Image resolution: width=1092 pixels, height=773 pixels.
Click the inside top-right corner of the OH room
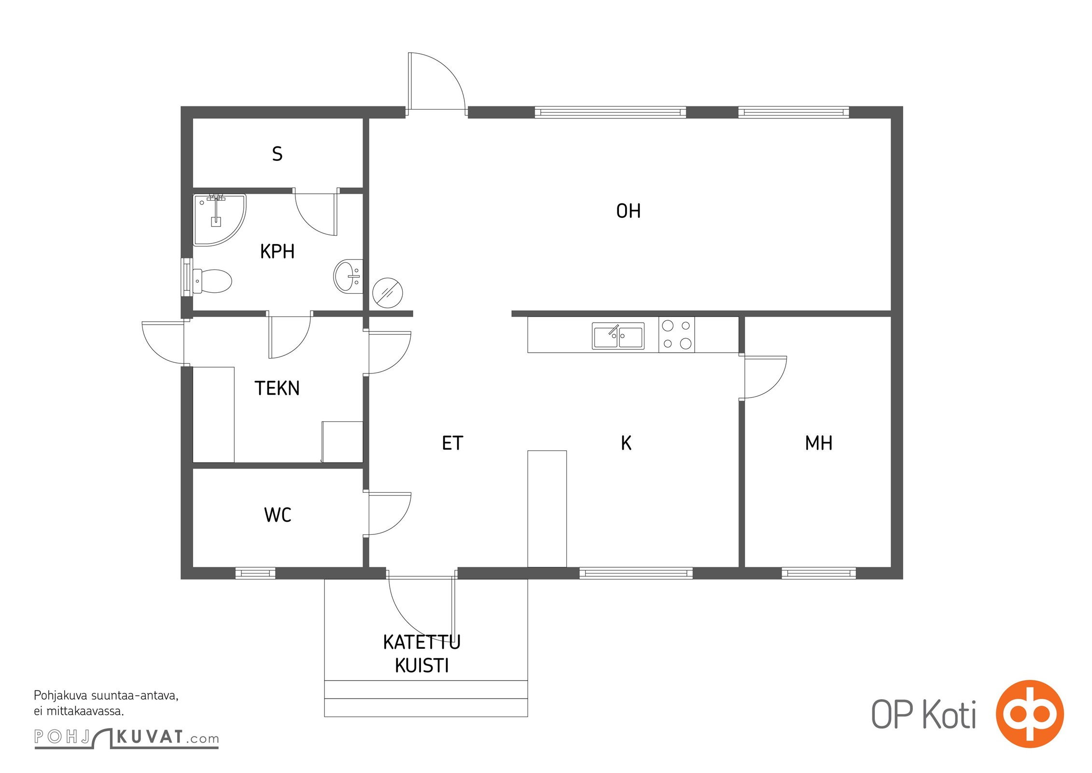click(891, 118)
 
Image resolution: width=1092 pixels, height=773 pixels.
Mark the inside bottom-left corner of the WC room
click(193, 567)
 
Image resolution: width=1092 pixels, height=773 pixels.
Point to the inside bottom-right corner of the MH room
click(891, 567)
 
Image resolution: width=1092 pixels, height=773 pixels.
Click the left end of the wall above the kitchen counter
click(512, 314)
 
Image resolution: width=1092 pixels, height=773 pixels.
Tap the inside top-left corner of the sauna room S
click(193, 118)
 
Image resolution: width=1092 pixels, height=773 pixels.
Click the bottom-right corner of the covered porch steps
click(528, 716)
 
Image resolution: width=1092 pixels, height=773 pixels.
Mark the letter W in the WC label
click(271, 515)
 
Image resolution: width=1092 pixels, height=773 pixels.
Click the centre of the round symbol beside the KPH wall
click(388, 293)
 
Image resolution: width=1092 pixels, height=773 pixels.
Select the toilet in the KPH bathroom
click(212, 281)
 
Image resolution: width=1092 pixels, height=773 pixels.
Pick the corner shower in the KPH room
click(219, 220)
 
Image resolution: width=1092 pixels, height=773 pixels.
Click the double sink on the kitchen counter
click(618, 336)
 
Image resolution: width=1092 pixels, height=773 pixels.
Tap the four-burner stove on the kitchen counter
click(676, 334)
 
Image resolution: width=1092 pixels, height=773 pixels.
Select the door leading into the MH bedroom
click(765, 377)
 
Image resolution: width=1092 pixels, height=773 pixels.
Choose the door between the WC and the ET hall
click(389, 514)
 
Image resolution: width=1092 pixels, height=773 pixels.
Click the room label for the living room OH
click(629, 211)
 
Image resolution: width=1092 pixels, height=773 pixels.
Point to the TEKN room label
click(277, 388)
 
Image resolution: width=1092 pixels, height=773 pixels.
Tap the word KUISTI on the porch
click(422, 666)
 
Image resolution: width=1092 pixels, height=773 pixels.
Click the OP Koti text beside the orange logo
click(924, 715)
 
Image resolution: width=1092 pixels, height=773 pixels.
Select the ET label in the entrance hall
click(452, 443)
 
